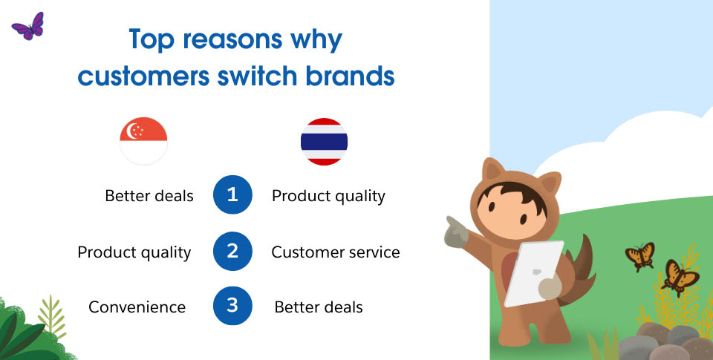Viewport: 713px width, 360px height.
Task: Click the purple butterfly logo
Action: (x=28, y=27)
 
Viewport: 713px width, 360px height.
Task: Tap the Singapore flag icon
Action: (x=143, y=141)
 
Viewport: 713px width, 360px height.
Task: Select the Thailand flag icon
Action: (x=325, y=141)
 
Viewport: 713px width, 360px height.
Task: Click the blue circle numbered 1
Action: (x=232, y=194)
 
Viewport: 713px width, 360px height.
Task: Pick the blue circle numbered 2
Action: (x=232, y=251)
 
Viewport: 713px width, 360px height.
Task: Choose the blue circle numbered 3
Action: (x=232, y=306)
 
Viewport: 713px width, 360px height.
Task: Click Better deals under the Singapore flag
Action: (x=149, y=196)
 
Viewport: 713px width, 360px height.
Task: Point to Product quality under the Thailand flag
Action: (x=328, y=197)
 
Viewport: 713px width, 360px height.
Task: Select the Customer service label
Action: (x=336, y=252)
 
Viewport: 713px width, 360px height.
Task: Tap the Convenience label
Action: (x=137, y=307)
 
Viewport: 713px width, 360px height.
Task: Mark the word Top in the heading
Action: (x=152, y=39)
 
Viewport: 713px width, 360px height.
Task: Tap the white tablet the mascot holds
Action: (x=533, y=274)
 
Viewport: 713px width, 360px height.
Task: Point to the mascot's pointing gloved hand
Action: (x=455, y=232)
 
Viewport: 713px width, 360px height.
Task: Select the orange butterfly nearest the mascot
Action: (x=639, y=256)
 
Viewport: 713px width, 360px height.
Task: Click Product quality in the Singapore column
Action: (x=134, y=252)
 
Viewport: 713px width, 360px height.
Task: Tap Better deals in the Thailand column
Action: (x=319, y=307)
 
